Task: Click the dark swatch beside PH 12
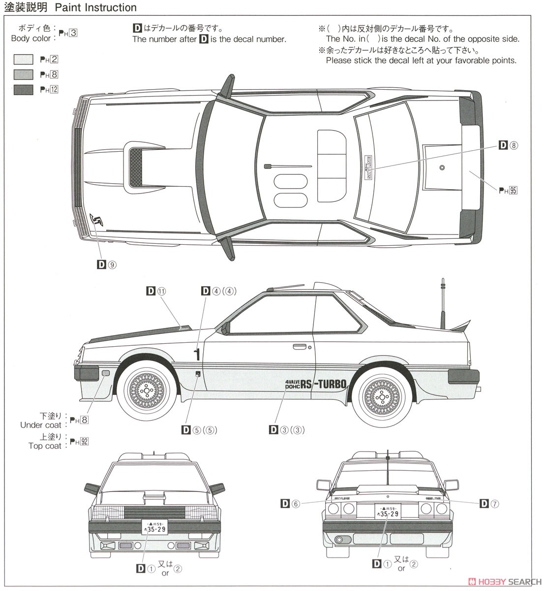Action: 23,89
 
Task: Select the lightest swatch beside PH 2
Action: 23,60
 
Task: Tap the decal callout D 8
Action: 509,145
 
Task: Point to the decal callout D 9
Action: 106,264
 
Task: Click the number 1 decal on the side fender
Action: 197,354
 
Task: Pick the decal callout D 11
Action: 156,291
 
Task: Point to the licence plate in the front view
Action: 154,526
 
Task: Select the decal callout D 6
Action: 290,503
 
